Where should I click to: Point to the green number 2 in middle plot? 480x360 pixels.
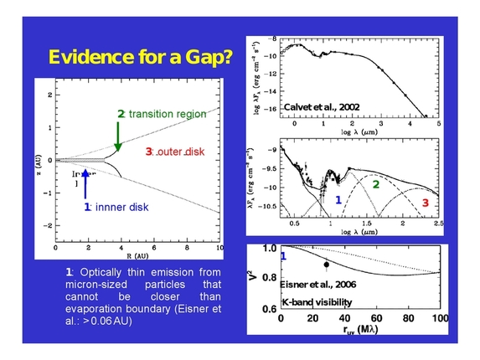[376, 183]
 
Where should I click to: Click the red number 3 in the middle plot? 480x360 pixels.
[425, 203]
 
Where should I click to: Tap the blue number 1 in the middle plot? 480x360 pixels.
[338, 200]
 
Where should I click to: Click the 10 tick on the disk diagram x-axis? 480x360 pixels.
[219, 249]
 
